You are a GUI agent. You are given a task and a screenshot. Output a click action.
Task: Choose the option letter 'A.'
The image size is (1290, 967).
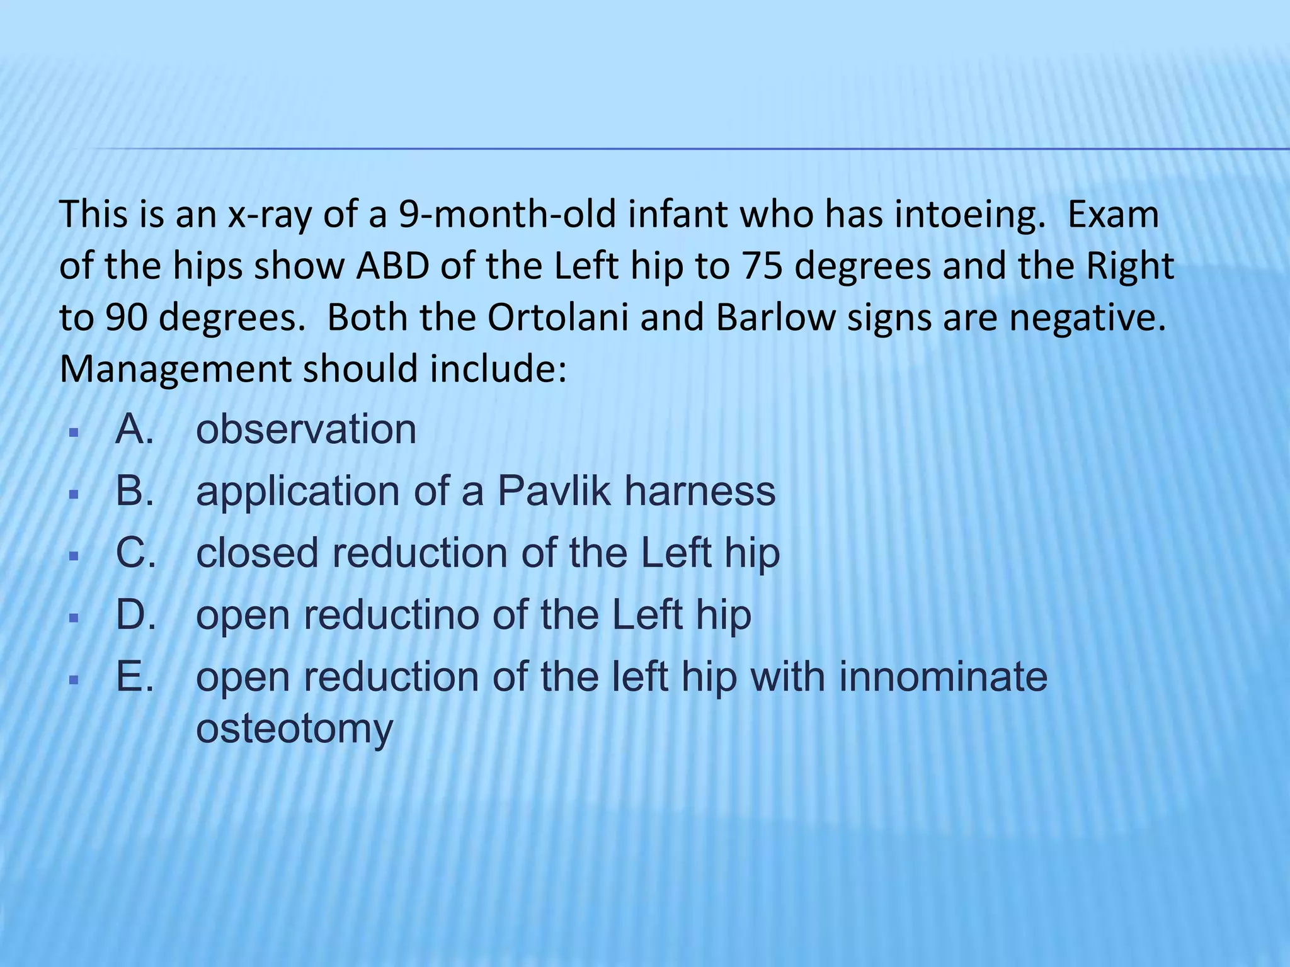pyautogui.click(x=135, y=430)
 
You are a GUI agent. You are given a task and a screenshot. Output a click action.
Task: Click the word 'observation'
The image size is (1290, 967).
pyautogui.click(x=306, y=430)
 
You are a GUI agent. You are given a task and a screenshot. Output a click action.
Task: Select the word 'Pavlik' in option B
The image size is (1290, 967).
pyautogui.click(x=554, y=492)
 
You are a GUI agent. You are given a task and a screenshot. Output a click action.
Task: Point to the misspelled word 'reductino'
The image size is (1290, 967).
pyautogui.click(x=392, y=615)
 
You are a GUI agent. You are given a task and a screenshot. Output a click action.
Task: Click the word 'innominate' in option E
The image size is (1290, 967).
pyautogui.click(x=943, y=677)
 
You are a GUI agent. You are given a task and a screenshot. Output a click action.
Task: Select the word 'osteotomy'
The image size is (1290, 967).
pyautogui.click(x=295, y=728)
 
